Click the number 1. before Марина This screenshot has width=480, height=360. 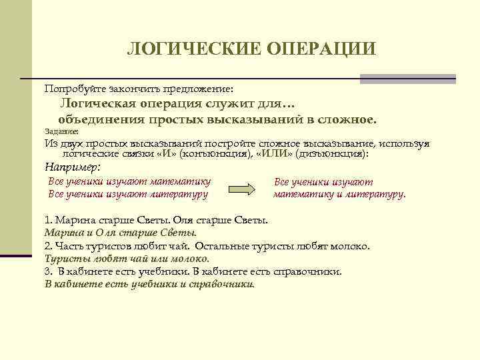click(48, 220)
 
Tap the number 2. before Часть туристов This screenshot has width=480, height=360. click(48, 246)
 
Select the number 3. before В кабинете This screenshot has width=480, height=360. click(48, 271)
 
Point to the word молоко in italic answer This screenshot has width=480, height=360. click(193, 259)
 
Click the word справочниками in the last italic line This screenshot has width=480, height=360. click(219, 284)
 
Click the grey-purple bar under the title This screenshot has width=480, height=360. click(407, 79)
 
